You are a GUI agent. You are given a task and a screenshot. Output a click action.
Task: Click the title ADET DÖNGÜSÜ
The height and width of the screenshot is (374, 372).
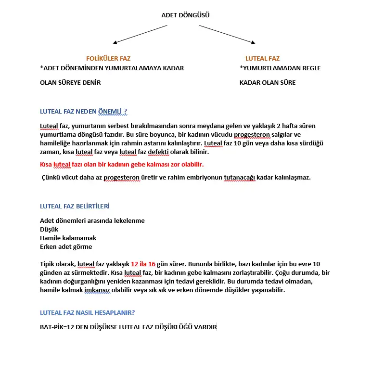(x=185, y=15)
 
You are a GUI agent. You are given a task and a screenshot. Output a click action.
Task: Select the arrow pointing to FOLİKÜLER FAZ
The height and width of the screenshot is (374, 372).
(x=139, y=34)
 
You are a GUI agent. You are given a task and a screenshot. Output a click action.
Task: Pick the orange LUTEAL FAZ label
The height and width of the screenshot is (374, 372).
(x=262, y=58)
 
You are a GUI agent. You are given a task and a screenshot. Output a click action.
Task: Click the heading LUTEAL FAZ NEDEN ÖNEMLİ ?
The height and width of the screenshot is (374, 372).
(x=83, y=111)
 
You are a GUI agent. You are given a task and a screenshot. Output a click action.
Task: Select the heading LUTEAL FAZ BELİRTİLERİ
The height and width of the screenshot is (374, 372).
(x=75, y=206)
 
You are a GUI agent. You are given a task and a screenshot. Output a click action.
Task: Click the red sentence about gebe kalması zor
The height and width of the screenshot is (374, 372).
(x=122, y=164)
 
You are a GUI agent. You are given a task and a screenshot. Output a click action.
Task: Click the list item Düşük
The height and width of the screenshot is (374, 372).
(x=49, y=230)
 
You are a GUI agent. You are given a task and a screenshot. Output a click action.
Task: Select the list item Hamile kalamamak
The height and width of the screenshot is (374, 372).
(x=68, y=238)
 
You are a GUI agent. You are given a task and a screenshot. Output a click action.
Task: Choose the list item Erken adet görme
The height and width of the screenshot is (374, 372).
(x=66, y=247)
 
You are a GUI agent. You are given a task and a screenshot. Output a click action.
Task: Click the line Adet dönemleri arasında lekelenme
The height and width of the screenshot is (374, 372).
(x=92, y=221)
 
